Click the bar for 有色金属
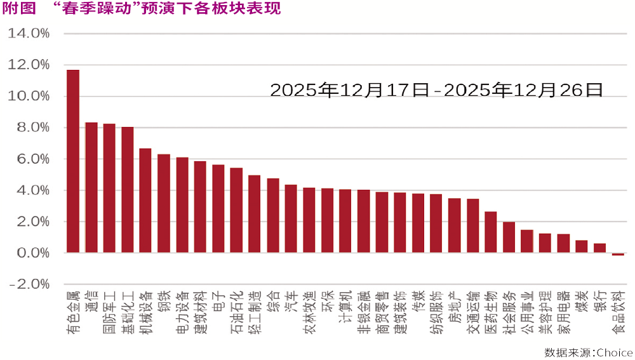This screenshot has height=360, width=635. [73, 162]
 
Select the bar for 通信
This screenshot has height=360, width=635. [91, 188]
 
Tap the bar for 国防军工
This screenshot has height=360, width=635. [109, 189]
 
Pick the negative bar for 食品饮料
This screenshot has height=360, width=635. [618, 255]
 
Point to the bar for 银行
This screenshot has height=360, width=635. [599, 248]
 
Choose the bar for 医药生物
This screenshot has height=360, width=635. [491, 232]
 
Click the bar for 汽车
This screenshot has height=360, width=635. [291, 219]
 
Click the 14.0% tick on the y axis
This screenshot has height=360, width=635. [29, 33]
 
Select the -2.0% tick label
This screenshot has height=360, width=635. [29, 284]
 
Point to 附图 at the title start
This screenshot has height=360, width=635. [17, 9]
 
